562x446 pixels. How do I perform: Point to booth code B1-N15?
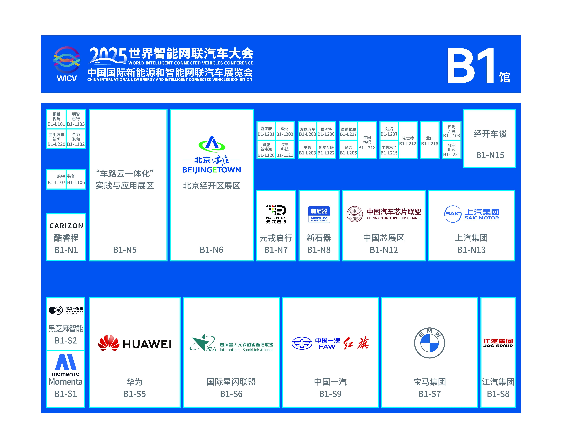[x=490, y=155]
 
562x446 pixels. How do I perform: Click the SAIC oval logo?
[x=453, y=214]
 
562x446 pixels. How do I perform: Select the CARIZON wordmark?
[x=66, y=226]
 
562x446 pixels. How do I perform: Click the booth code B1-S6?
[x=231, y=394]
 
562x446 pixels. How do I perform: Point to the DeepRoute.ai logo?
[x=276, y=214]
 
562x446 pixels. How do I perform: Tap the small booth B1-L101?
[x=56, y=119]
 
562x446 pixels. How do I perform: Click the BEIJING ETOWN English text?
[x=211, y=170]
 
